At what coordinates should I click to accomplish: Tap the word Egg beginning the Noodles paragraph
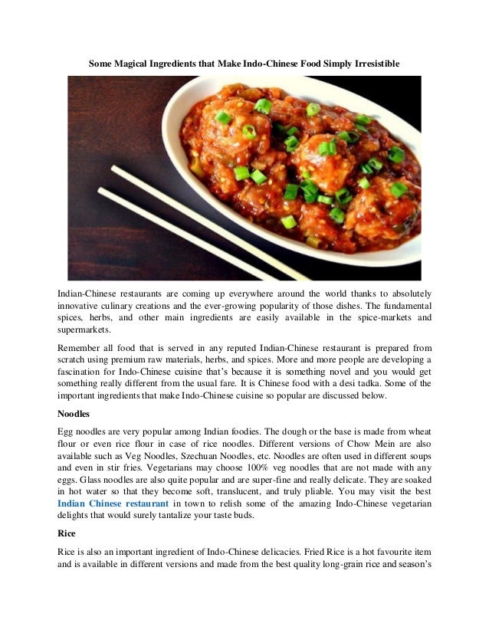point(67,431)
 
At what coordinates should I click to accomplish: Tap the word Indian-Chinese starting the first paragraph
point(86,294)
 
